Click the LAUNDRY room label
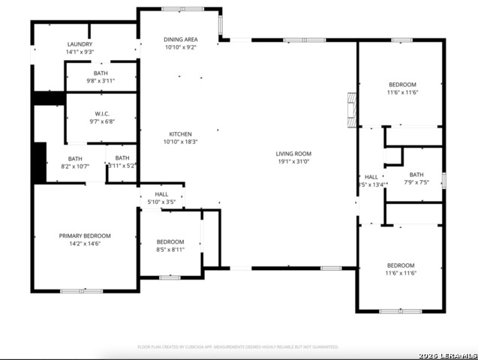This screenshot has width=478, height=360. click(80, 44)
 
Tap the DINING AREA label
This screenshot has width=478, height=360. click(180, 39)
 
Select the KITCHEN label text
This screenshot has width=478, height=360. click(180, 134)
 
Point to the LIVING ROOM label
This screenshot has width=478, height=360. click(294, 154)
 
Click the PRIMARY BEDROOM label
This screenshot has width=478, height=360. click(85, 235)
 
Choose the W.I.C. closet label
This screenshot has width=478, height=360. click(102, 113)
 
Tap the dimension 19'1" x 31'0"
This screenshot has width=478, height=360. click(294, 161)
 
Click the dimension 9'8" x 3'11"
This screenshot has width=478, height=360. click(101, 81)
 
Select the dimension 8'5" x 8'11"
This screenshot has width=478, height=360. click(170, 250)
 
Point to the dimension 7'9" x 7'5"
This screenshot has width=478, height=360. click(416, 181)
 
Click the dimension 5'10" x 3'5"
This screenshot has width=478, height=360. click(161, 202)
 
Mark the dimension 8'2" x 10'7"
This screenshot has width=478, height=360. click(75, 166)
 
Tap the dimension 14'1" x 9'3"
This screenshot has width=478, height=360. click(80, 52)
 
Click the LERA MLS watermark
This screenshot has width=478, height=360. click(449, 354)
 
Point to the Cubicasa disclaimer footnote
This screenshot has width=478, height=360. click(238, 347)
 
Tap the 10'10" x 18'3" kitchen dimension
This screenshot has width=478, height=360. click(180, 142)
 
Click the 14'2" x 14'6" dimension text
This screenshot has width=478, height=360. click(85, 244)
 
